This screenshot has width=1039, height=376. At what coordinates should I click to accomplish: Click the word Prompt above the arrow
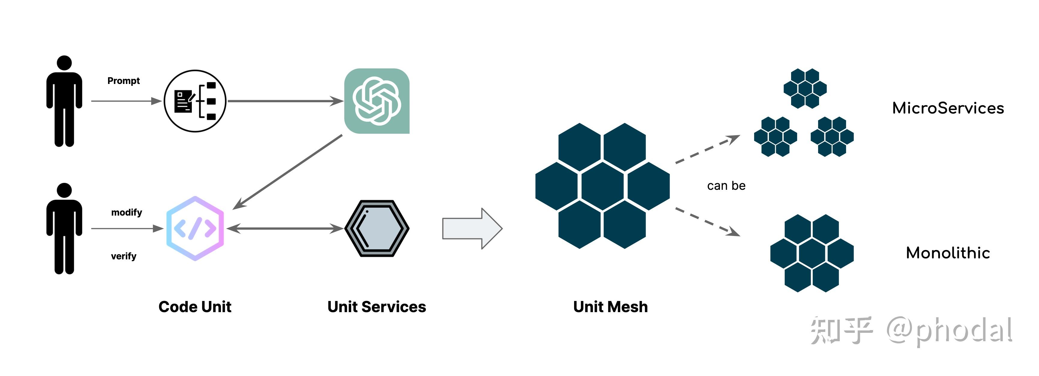point(123,81)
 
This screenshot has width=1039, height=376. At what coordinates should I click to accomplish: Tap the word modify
point(127,212)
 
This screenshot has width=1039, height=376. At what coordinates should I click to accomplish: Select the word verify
point(123,256)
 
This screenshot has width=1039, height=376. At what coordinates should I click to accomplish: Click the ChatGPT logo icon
point(377,101)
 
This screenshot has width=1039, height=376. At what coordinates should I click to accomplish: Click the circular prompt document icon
point(195,101)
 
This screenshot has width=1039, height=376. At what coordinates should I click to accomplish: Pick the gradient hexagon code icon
point(195,228)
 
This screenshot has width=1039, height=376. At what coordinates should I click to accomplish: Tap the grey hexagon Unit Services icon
point(377,228)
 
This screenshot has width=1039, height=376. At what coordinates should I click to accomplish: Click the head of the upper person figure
point(64,63)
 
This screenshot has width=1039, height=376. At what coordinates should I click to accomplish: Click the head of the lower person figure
point(64,190)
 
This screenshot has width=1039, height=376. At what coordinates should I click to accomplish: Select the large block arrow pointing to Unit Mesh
point(472,228)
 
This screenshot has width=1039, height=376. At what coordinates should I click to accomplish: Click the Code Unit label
point(195,307)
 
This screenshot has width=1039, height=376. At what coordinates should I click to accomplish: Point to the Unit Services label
point(377,307)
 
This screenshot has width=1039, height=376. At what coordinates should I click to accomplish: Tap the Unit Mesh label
point(610,307)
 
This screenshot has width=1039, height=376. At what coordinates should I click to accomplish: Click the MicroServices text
point(948,108)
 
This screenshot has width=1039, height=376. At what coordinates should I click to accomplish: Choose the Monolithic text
point(948,253)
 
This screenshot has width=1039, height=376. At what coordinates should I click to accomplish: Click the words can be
point(726,186)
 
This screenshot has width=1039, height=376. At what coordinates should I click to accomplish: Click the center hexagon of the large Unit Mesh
point(603,186)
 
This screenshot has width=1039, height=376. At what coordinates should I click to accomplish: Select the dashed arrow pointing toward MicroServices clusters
point(708,149)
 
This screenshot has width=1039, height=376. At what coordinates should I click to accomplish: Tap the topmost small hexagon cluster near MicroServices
point(805,89)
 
